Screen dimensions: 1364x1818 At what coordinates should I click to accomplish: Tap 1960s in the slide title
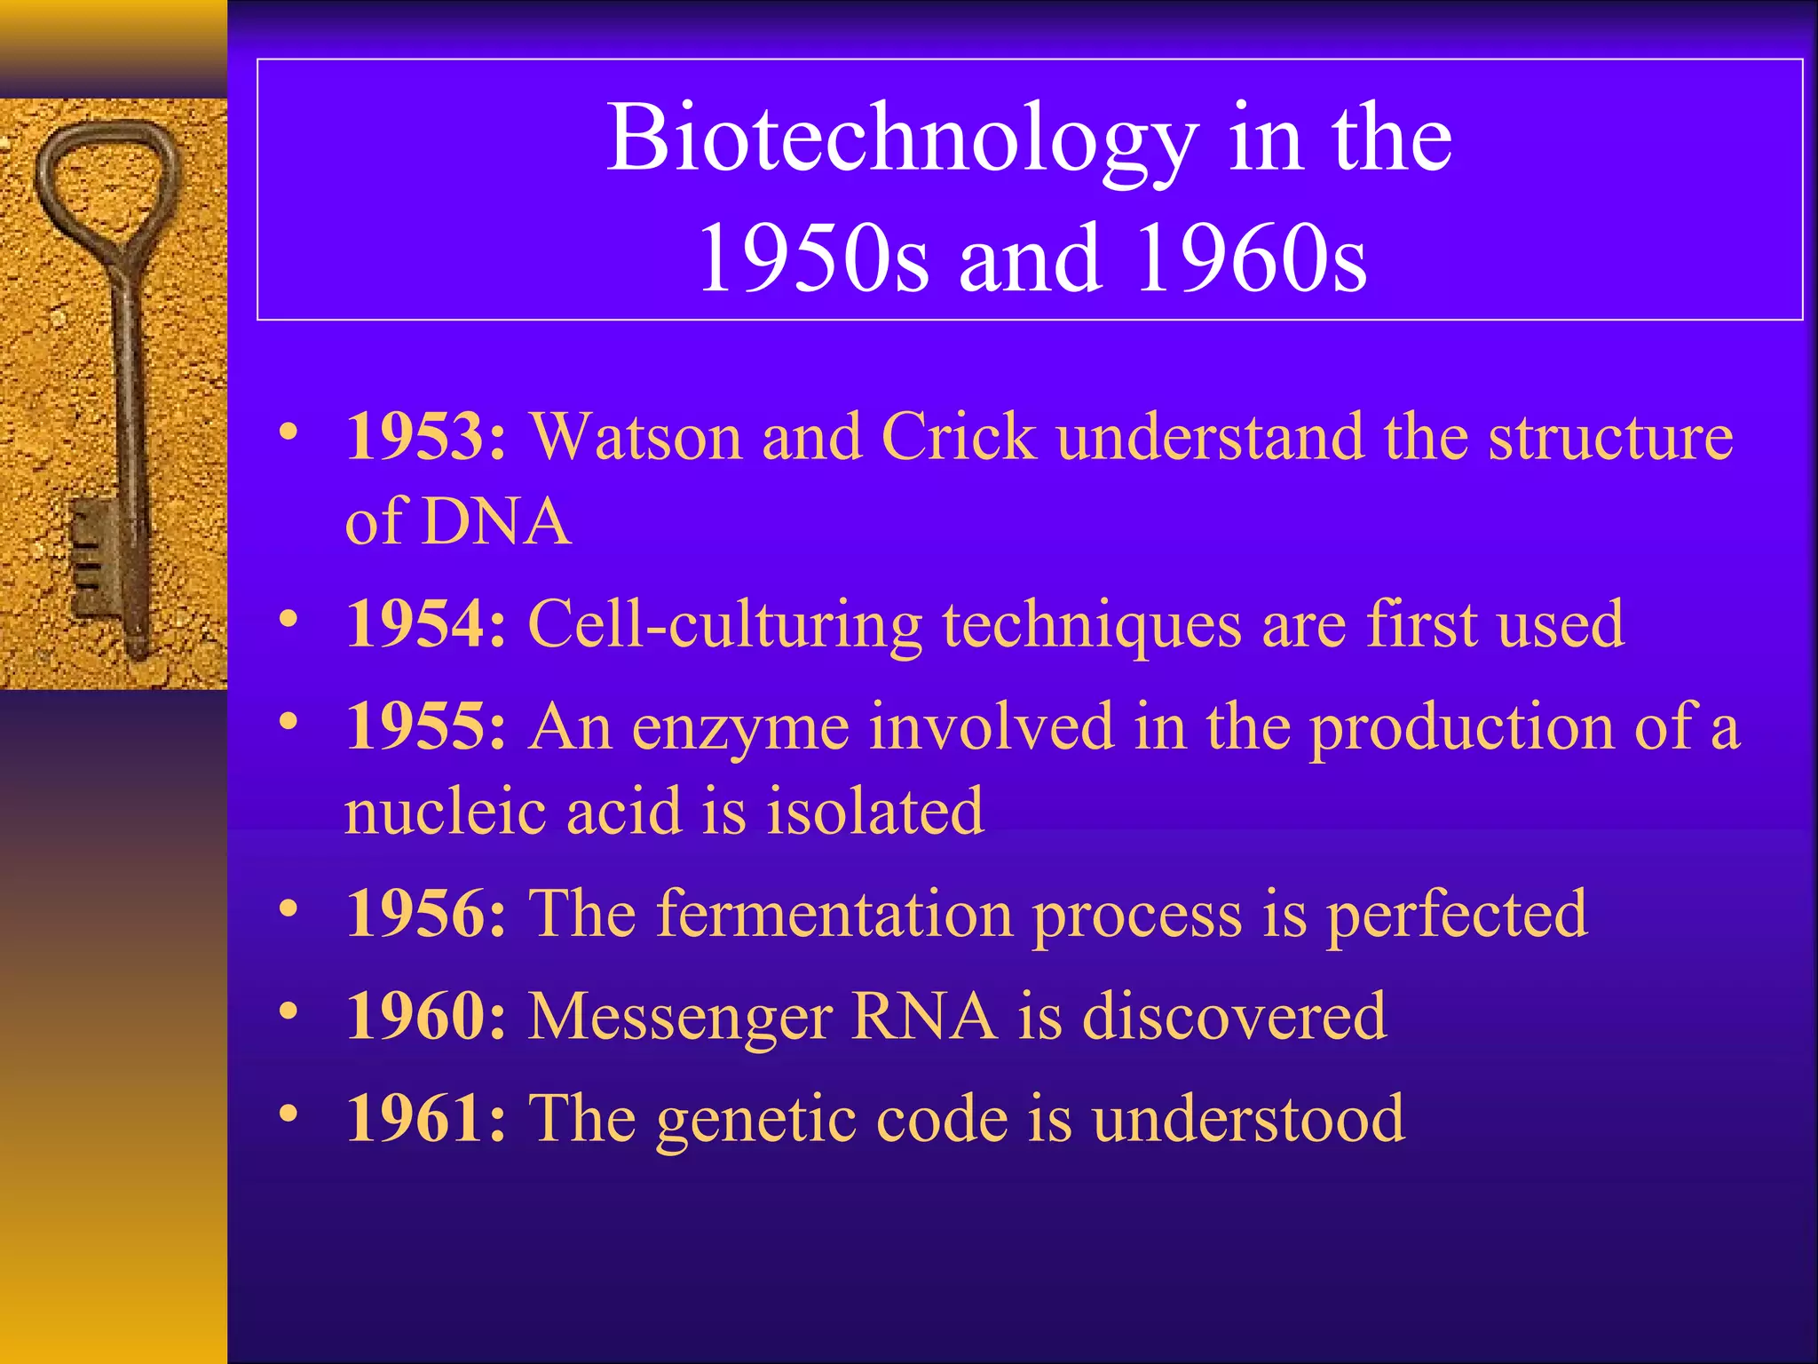(1252, 258)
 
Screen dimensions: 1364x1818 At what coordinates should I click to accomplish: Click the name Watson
(636, 437)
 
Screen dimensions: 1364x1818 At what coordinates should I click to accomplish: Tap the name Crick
(959, 437)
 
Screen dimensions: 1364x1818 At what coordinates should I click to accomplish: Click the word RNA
(923, 1016)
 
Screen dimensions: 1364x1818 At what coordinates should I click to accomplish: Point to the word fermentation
(834, 914)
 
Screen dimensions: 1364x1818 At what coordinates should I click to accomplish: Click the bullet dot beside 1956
(288, 908)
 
